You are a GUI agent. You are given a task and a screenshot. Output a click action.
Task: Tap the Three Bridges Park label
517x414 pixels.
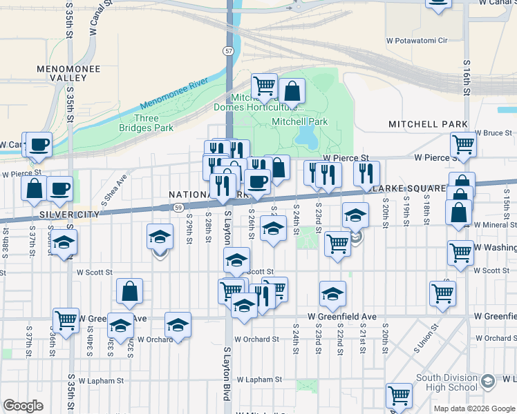(x=146, y=123)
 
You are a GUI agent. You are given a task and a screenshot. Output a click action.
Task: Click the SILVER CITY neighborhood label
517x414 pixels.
(x=70, y=215)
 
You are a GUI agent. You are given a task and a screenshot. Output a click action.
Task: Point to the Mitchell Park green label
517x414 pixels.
(x=299, y=121)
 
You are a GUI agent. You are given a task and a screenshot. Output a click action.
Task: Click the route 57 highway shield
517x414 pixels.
(x=228, y=51)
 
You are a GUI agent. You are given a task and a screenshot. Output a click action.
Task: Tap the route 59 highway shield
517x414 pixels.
(x=178, y=207)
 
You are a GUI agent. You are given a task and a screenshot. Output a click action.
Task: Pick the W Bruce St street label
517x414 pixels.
(x=495, y=132)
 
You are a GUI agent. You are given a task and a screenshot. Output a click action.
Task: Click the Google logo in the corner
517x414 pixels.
(x=23, y=406)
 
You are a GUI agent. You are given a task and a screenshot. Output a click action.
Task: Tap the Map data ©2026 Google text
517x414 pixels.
(x=474, y=408)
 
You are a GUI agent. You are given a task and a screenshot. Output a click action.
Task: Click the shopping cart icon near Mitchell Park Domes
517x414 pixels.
(x=264, y=86)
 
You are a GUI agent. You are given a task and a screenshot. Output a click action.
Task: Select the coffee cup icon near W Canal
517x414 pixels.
(x=39, y=144)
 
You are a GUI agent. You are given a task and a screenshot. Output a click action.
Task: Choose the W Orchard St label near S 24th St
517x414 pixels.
(x=256, y=339)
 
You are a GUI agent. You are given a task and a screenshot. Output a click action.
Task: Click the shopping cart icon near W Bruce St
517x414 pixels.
(x=462, y=144)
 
